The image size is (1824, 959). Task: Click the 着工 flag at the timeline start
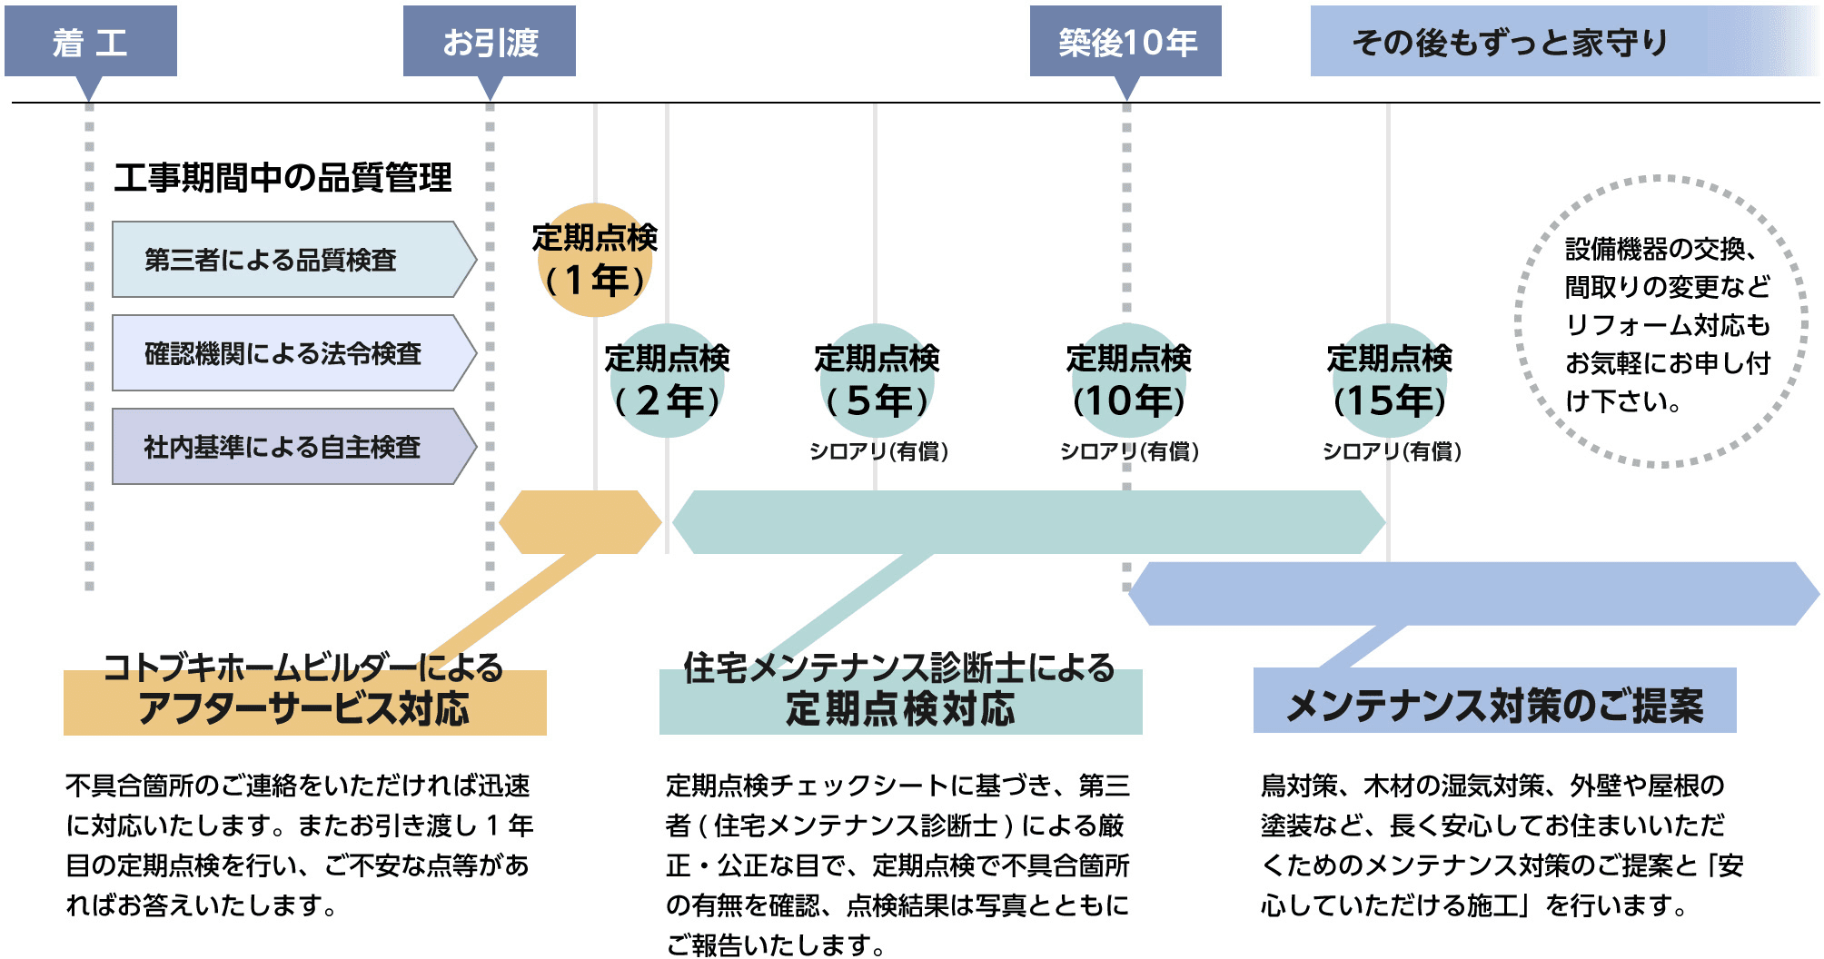coord(90,42)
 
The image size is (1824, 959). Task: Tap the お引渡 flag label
coord(490,42)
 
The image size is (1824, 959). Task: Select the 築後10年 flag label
coord(1126,42)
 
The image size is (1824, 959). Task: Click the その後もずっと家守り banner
coord(1512,42)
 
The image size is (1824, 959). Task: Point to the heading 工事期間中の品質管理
coord(283,177)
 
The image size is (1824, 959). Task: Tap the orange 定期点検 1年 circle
coord(595,261)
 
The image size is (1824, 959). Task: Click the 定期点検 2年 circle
coord(668,381)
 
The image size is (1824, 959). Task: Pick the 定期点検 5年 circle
coord(877,381)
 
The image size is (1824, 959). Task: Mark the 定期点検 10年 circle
coord(1128,381)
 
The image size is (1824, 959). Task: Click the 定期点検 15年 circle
coord(1390,381)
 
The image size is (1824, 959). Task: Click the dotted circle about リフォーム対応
coord(1659,323)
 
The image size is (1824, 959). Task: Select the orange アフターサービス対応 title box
coord(304,702)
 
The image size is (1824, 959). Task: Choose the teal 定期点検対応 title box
coord(899,702)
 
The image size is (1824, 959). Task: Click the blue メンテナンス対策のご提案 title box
coord(1494,702)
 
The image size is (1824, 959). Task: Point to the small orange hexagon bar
coord(581,522)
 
